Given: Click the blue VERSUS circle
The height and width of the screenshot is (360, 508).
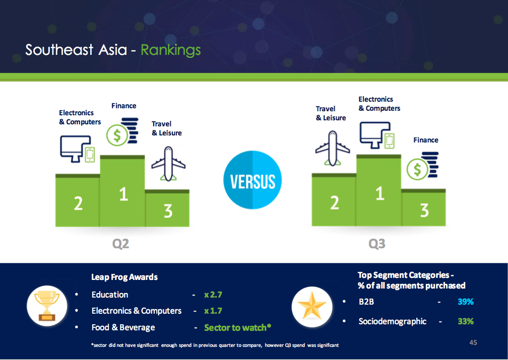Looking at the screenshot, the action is [252, 180].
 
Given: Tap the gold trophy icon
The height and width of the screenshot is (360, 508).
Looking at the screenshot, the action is [47, 306].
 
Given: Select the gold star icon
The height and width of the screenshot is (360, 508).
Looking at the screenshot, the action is [311, 307].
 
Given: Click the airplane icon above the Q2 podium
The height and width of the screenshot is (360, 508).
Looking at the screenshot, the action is [168, 164].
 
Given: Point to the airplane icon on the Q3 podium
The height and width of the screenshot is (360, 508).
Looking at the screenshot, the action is [333, 148].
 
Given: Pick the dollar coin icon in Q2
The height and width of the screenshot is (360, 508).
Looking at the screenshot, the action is [122, 131].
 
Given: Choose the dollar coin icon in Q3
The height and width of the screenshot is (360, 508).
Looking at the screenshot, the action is [422, 166].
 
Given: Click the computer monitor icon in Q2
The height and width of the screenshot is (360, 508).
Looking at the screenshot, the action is [77, 149].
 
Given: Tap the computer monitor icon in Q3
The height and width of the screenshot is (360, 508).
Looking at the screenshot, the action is [377, 135].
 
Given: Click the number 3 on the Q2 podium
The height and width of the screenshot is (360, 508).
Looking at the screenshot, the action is [168, 211].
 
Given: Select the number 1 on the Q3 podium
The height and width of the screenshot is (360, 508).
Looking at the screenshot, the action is [379, 193].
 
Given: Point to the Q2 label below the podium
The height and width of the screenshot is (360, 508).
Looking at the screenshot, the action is [120, 244].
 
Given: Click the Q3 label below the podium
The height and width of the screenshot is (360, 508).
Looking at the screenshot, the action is [377, 244].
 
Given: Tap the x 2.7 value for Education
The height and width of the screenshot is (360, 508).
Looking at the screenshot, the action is [213, 295].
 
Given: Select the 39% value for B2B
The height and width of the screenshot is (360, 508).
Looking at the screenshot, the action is [466, 302].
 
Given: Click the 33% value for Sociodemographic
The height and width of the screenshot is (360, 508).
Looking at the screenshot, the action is [466, 321].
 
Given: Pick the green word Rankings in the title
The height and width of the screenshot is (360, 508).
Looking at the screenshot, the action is [171, 50].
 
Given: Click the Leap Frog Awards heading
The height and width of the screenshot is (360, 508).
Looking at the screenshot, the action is [124, 277].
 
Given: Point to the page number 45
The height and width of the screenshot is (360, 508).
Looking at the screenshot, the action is [473, 342].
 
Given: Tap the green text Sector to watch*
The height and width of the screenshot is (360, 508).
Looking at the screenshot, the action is [237, 328].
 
